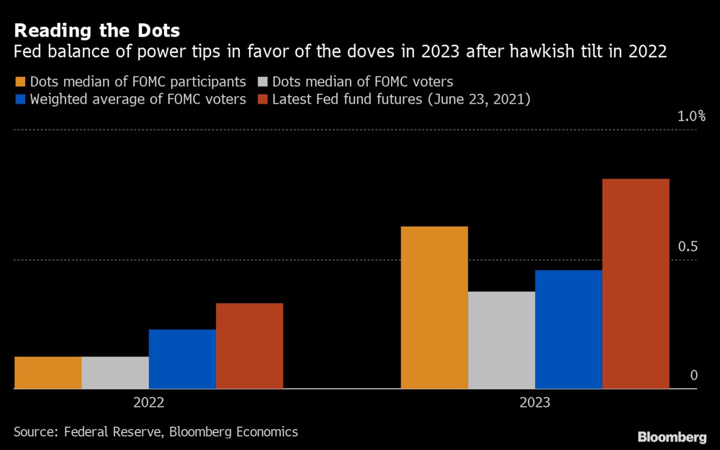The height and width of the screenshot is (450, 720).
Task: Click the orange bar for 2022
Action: (x=48, y=373)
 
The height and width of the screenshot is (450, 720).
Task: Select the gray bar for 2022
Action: (x=115, y=373)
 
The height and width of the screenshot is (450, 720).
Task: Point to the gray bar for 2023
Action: (x=502, y=340)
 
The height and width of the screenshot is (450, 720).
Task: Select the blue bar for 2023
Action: (x=569, y=329)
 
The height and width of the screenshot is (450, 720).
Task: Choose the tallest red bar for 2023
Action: (x=636, y=284)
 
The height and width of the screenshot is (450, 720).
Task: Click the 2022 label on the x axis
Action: (x=149, y=403)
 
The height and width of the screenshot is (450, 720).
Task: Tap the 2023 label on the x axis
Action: (x=535, y=403)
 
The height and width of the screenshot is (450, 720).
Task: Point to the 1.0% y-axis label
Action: (x=691, y=116)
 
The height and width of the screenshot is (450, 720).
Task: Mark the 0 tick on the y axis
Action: (x=694, y=376)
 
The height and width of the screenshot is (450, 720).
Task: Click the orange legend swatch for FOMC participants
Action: (x=20, y=82)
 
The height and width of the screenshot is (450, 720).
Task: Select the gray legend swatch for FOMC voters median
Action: (x=262, y=82)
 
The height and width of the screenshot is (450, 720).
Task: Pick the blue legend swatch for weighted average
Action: (x=20, y=100)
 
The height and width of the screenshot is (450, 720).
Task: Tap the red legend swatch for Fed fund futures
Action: (x=262, y=100)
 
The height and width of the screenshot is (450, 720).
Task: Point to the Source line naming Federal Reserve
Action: (x=155, y=431)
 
